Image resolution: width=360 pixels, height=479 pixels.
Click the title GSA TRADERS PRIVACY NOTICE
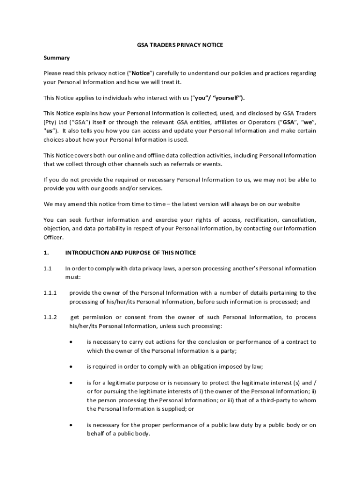click(180, 45)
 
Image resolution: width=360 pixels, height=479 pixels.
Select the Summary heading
click(57, 58)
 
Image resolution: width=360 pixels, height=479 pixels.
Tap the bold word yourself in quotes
click(228, 98)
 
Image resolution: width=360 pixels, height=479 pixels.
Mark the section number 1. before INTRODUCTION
click(46, 253)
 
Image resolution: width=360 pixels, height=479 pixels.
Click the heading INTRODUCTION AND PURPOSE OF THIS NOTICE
click(130, 253)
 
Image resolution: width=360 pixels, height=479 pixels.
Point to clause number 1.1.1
click(50, 293)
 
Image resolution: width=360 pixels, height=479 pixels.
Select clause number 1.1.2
click(50, 317)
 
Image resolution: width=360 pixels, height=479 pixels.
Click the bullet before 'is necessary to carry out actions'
click(71, 342)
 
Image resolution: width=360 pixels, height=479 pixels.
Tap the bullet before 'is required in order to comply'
click(71, 367)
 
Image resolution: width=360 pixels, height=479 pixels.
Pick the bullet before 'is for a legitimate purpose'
click(71, 383)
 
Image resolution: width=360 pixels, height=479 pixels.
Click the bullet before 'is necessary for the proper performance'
click(71, 425)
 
